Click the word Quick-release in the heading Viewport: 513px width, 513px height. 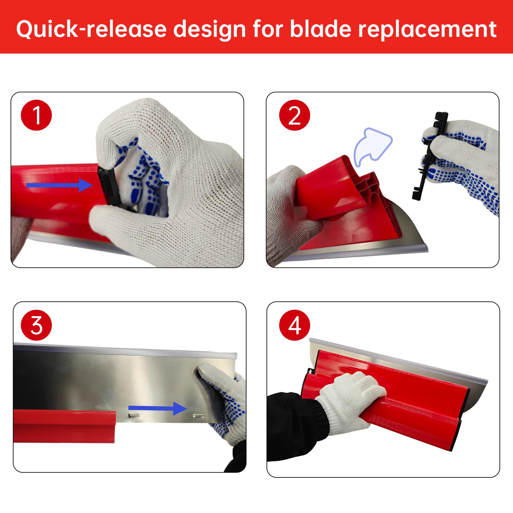point(92,29)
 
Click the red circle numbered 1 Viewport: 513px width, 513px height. point(36,115)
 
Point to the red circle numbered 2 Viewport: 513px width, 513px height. point(295,115)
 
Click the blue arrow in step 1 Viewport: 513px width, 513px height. point(59,185)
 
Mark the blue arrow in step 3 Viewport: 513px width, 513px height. point(157,408)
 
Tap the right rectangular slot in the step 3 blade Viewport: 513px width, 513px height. point(198,416)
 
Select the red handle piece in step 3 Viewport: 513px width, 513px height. point(64,426)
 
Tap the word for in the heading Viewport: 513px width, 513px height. point(268,29)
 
